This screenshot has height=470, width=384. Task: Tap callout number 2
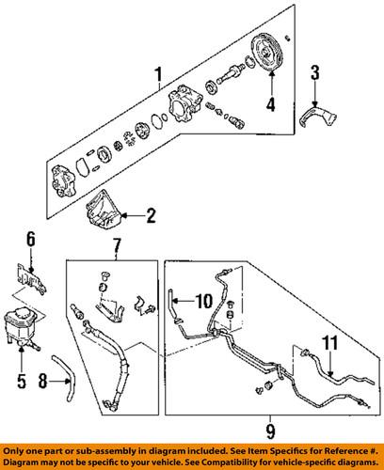pos(151,217)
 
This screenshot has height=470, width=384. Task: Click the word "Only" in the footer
pos(15,449)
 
